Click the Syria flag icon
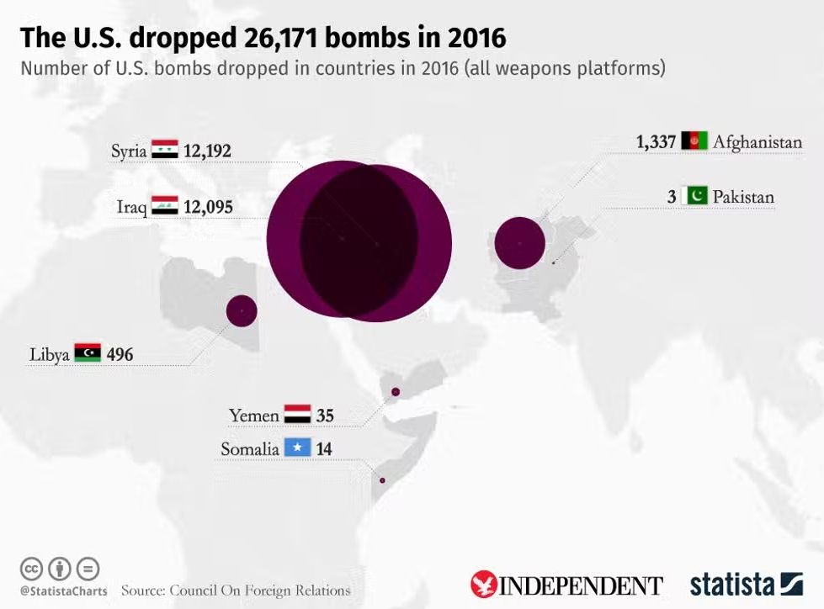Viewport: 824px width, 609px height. pyautogui.click(x=164, y=151)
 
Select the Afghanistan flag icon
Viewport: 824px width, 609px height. pyautogui.click(x=694, y=141)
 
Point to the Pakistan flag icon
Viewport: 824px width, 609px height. pyautogui.click(x=696, y=197)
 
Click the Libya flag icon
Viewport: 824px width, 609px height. pyautogui.click(x=88, y=354)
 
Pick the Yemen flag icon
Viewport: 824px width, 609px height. pyautogui.click(x=297, y=415)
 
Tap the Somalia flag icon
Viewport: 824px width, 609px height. pyautogui.click(x=297, y=448)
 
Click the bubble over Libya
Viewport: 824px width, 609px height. pyautogui.click(x=242, y=311)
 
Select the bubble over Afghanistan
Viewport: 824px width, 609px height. pyautogui.click(x=520, y=243)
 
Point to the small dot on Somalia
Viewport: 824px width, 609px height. pyautogui.click(x=382, y=481)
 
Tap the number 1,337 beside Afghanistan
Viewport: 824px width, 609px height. pyautogui.click(x=657, y=142)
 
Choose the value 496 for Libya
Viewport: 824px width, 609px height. pyautogui.click(x=120, y=355)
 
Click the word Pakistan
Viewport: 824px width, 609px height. pyautogui.click(x=743, y=198)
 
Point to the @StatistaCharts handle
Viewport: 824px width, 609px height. pyautogui.click(x=63, y=590)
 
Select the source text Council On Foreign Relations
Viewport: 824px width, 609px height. pyautogui.click(x=260, y=590)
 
